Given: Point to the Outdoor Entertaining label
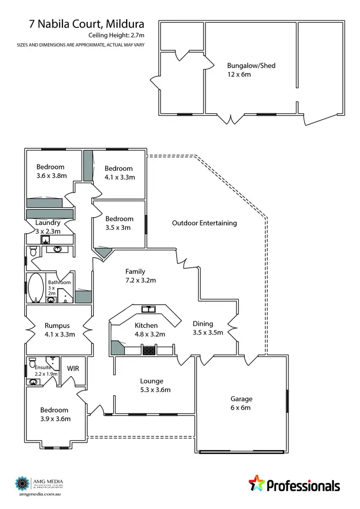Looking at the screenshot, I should (204, 223).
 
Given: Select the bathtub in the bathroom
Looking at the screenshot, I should (36, 288).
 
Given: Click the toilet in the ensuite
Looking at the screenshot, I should (33, 362).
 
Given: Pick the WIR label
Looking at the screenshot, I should (73, 368).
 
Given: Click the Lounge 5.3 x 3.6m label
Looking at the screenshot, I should (154, 385).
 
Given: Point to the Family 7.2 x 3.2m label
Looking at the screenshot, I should (141, 276).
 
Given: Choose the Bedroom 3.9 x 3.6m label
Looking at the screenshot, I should (55, 414).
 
